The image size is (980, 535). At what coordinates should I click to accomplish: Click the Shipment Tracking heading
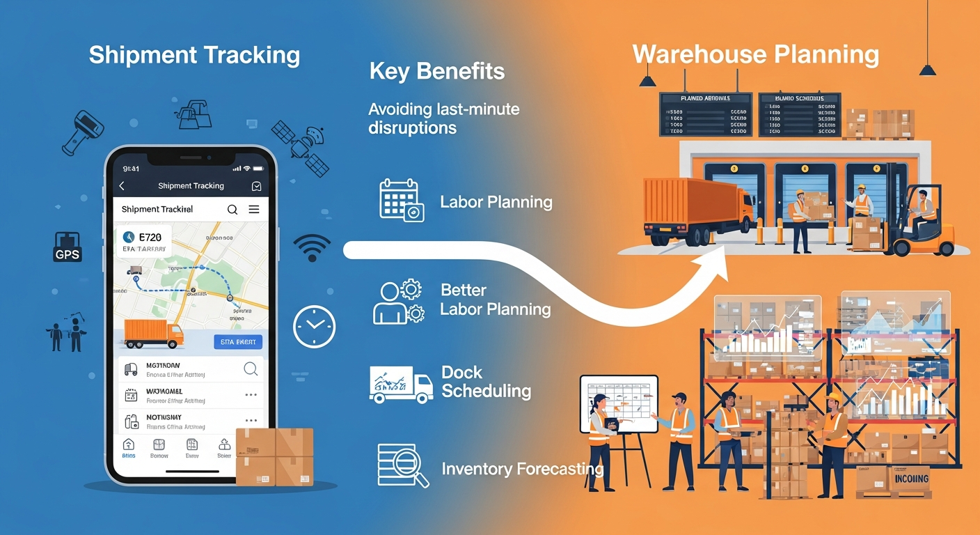(x=194, y=56)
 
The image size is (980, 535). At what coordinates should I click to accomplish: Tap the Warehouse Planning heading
(x=756, y=54)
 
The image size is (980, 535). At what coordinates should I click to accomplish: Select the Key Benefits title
(x=437, y=71)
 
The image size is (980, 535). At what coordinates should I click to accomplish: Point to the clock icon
(x=315, y=326)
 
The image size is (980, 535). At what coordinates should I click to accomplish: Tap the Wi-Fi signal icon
(x=313, y=247)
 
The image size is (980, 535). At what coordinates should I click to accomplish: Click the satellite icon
(x=301, y=147)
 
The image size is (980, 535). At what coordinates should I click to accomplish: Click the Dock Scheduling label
(x=486, y=382)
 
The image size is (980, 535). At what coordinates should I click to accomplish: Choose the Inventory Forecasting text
(x=522, y=469)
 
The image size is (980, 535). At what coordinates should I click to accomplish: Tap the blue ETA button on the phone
(x=237, y=341)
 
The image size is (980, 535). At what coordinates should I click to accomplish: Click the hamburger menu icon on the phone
(x=254, y=209)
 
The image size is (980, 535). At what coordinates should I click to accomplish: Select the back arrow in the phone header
(x=122, y=186)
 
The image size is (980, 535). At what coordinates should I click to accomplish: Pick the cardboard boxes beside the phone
(x=275, y=456)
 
